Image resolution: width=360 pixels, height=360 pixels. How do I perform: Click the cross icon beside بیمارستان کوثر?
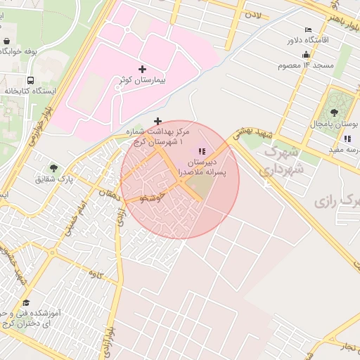(143, 69)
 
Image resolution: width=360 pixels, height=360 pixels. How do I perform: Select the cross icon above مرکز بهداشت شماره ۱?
(157, 121)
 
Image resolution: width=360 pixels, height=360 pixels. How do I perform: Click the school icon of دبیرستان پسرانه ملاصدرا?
(202, 151)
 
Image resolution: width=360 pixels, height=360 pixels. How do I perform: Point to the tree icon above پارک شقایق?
(54, 168)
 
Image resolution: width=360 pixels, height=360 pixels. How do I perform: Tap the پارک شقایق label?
(54, 180)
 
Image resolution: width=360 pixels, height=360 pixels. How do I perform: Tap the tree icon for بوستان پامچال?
(334, 112)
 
